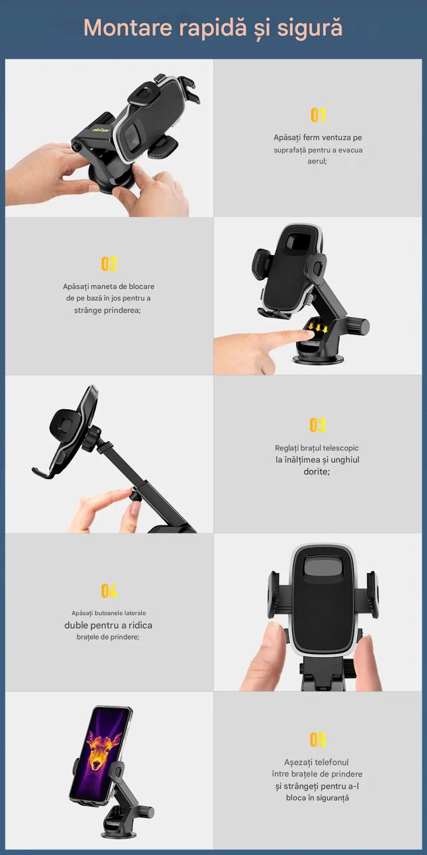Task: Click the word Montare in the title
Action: click(128, 28)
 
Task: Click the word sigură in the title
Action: click(310, 29)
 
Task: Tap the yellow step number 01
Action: click(318, 115)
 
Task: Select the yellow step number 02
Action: click(109, 264)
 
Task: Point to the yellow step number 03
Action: click(318, 425)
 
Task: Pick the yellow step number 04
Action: click(109, 591)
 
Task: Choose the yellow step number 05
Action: click(318, 740)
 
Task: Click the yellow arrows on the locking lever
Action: click(318, 327)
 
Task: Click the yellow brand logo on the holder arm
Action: click(101, 130)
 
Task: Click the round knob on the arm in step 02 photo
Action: click(358, 326)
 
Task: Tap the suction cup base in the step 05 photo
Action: click(118, 834)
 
